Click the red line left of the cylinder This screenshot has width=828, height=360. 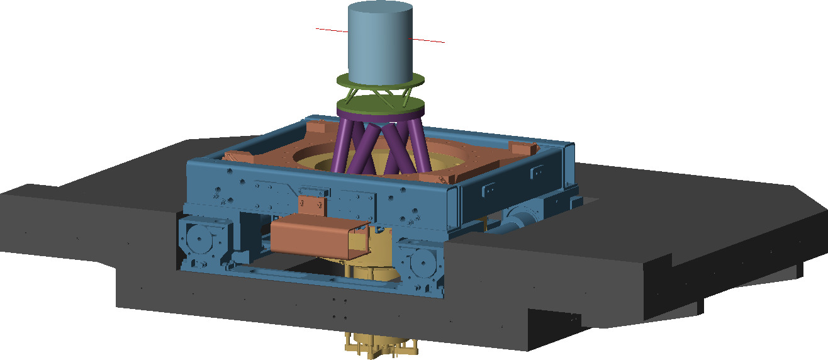(x=331, y=30)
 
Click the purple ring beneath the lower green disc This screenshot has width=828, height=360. (x=380, y=117)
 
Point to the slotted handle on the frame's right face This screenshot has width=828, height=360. (x=491, y=189)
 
